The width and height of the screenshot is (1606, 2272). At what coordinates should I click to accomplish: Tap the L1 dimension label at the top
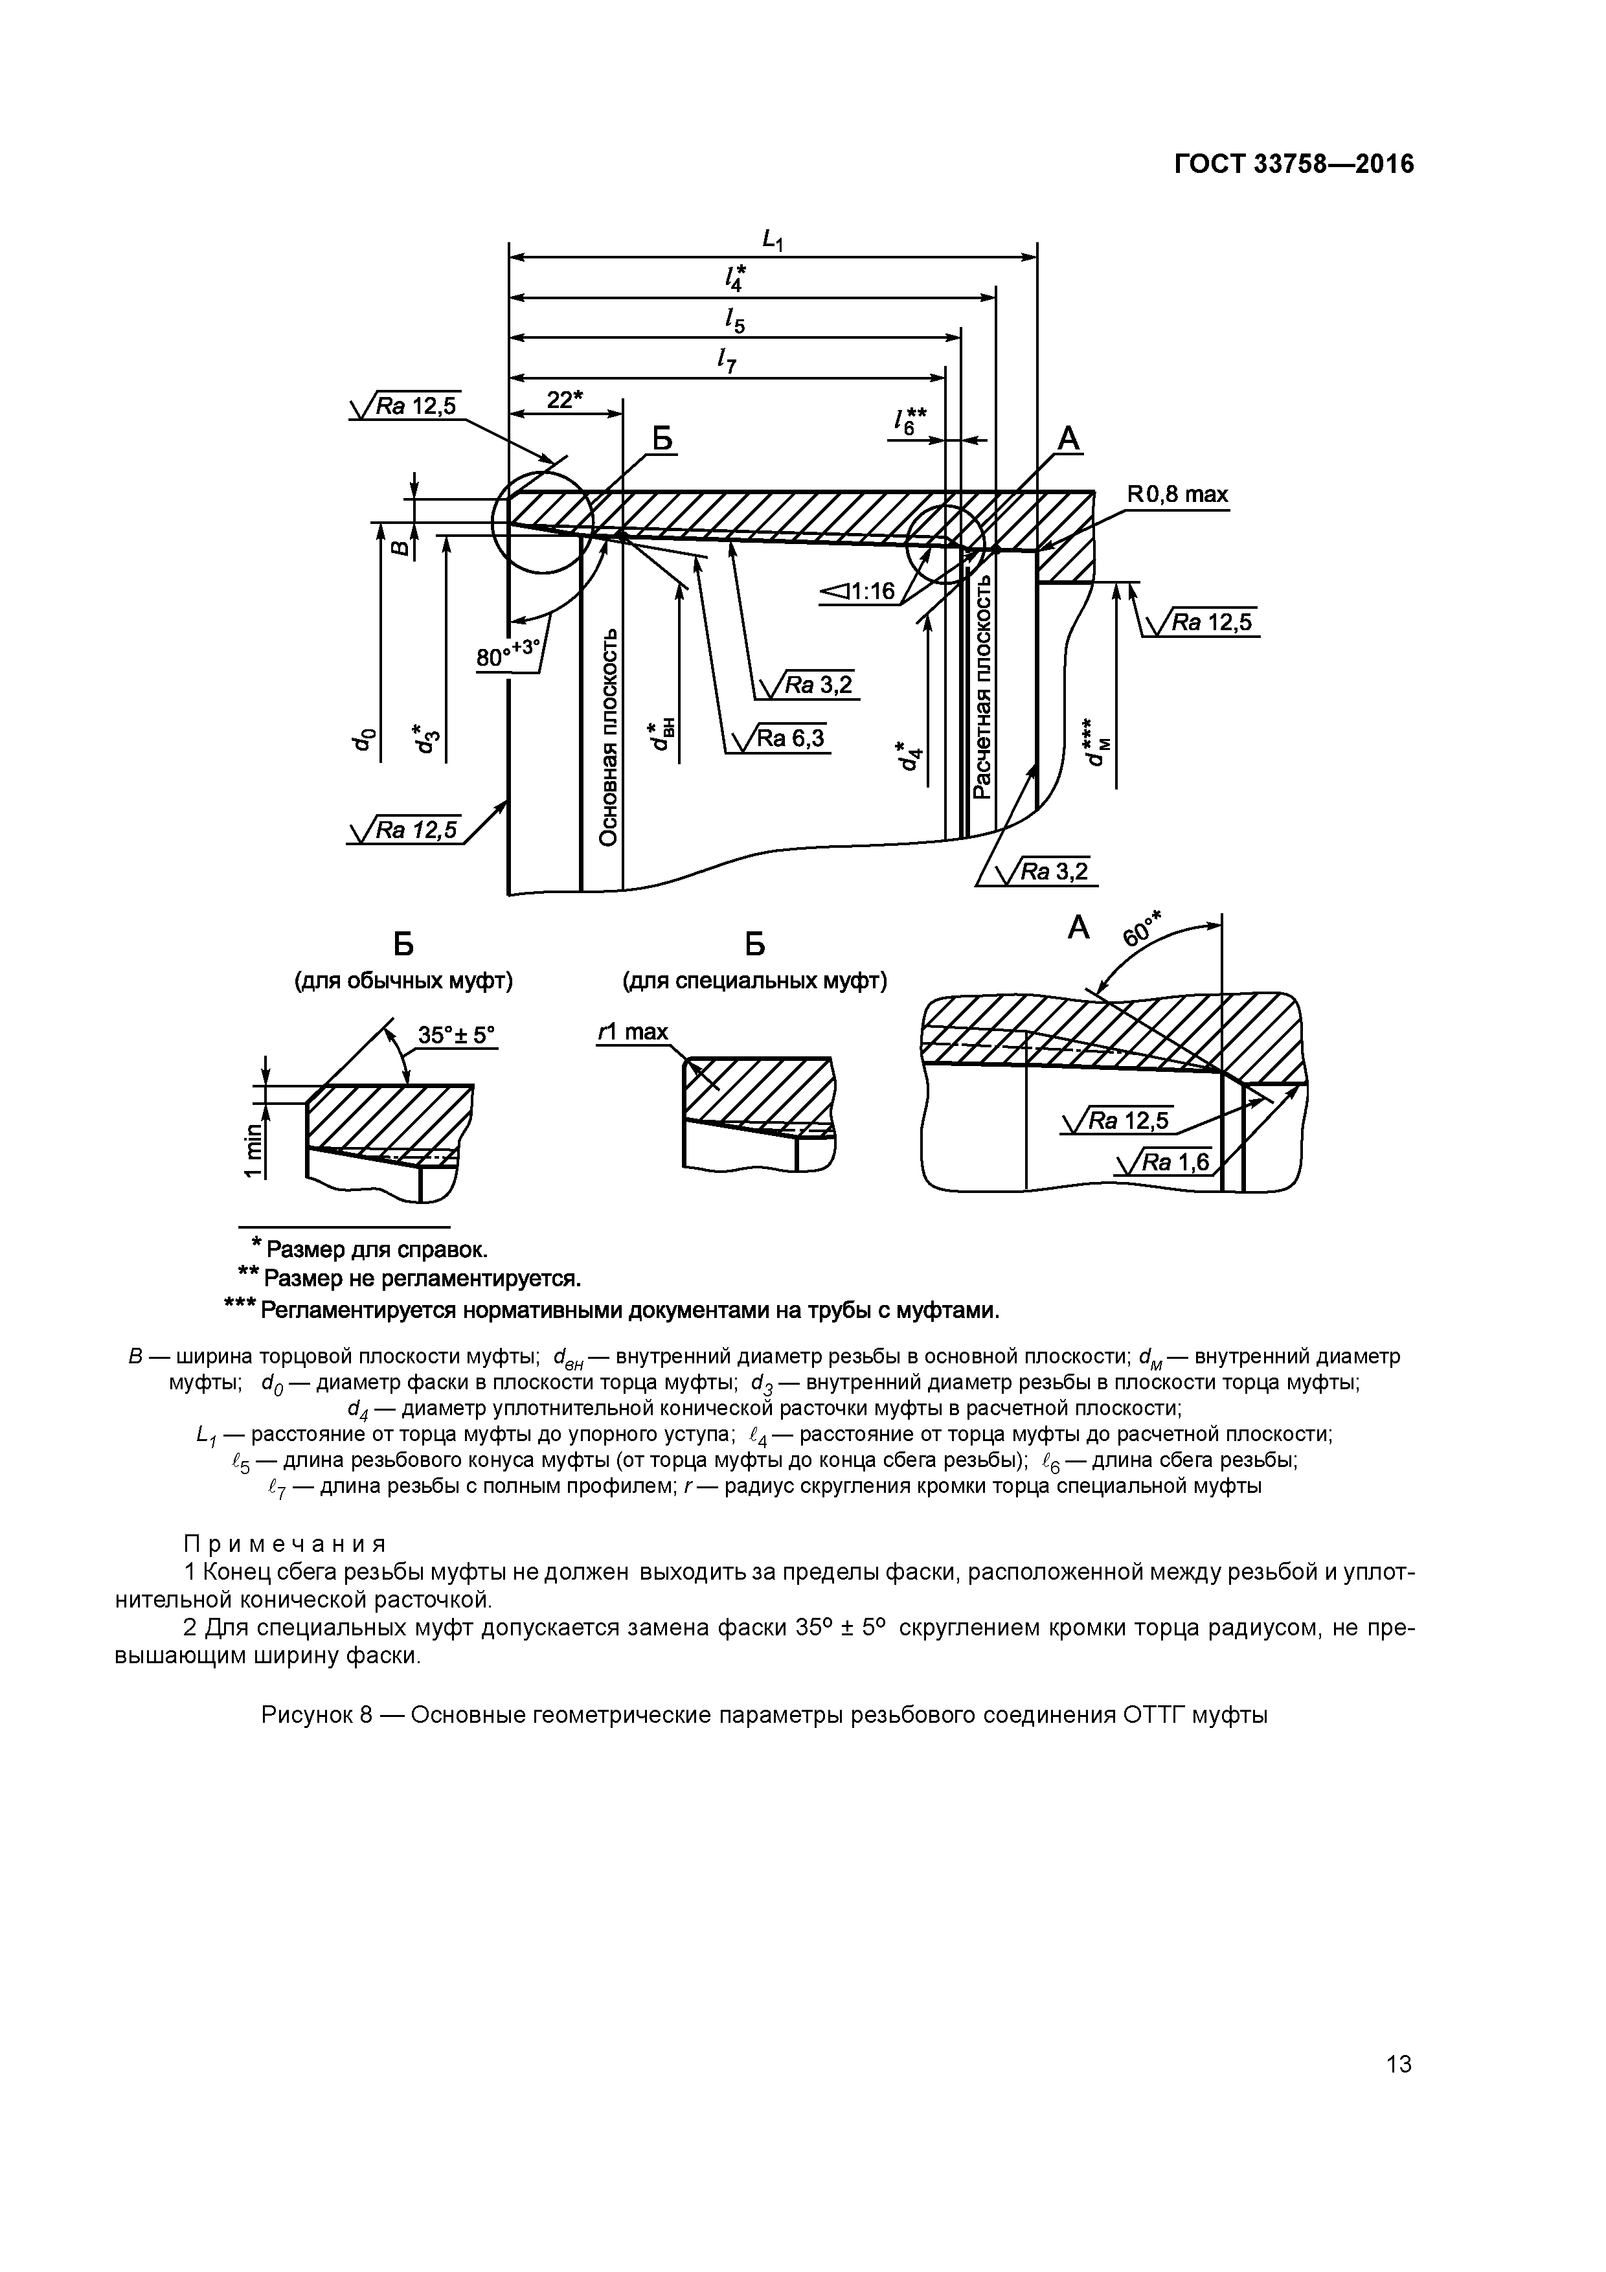[772, 240]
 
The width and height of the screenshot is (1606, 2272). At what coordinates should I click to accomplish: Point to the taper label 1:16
[858, 592]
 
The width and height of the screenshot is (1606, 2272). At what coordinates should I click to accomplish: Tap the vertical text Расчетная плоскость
[982, 688]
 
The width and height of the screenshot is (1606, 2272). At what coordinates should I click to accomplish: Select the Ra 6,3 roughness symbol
[779, 738]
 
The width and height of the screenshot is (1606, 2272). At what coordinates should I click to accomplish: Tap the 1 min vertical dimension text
[254, 1150]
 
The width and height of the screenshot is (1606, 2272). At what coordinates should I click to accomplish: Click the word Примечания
[285, 1543]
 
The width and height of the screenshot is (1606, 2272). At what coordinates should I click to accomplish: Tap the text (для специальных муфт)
[754, 981]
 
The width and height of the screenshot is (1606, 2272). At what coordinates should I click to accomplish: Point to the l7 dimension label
[727, 362]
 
